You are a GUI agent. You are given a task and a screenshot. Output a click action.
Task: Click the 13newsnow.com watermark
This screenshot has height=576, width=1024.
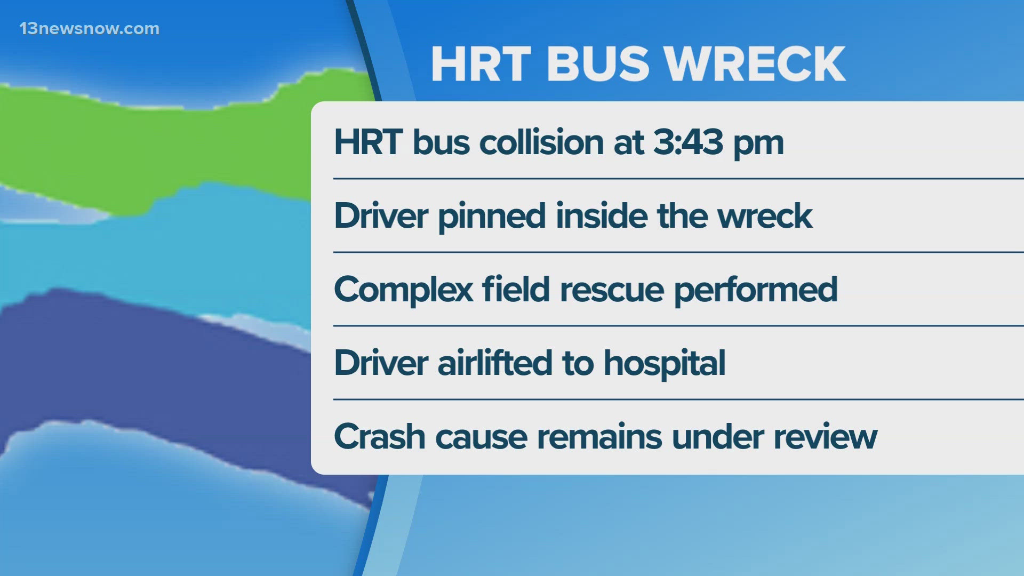tap(90, 29)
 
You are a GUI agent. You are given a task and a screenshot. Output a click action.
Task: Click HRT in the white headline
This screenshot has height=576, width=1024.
tap(481, 64)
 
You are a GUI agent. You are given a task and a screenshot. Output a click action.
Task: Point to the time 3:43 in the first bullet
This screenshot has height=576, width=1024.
tap(688, 142)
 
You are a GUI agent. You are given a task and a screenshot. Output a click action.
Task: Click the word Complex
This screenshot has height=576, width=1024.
tap(403, 290)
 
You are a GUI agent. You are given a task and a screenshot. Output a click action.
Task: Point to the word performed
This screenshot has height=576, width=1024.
tap(756, 290)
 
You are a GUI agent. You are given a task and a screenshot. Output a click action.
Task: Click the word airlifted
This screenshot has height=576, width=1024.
tap(495, 363)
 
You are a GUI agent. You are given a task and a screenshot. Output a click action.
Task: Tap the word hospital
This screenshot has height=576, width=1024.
tap(665, 364)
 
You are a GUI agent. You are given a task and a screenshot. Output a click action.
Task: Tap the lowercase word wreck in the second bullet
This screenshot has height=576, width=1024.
tap(765, 217)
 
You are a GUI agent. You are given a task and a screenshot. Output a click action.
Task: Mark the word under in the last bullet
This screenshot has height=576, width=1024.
tap(718, 437)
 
